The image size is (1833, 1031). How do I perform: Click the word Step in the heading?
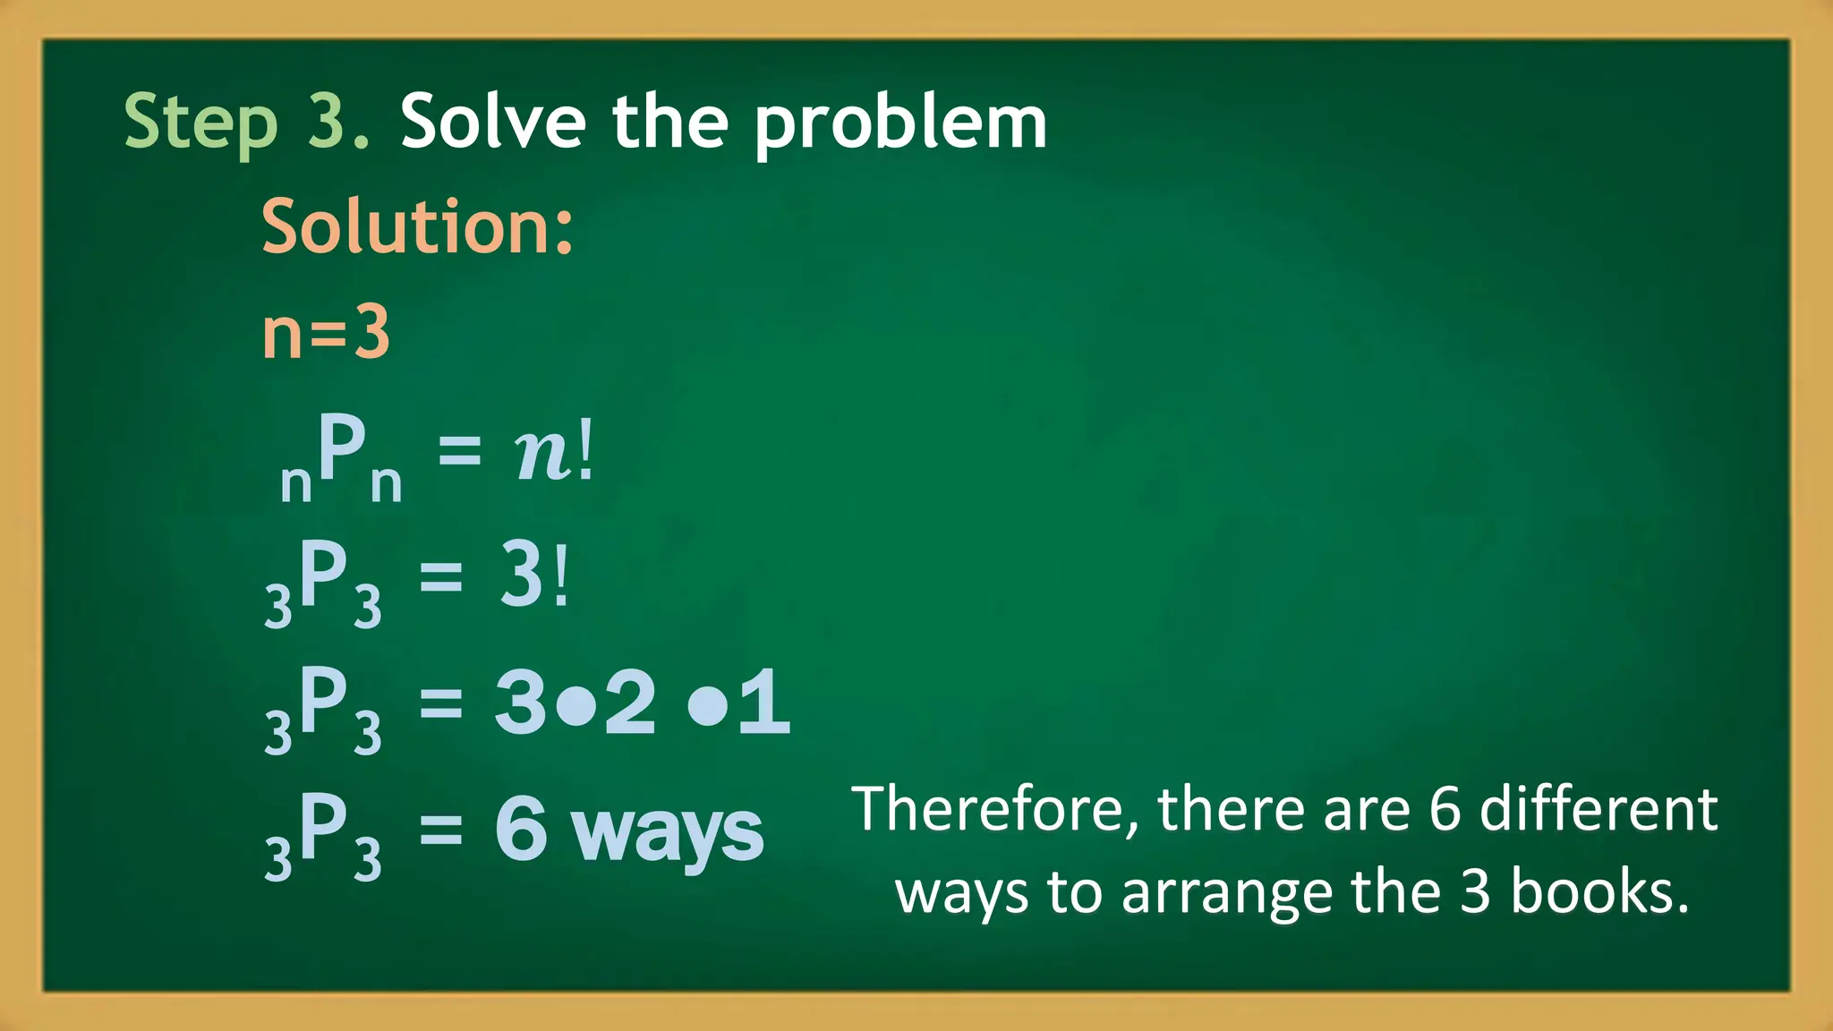200,123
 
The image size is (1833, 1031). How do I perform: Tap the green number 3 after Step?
328,121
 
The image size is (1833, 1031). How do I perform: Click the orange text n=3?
326,332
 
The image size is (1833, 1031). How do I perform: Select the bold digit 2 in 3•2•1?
630,703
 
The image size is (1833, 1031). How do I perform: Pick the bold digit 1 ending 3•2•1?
764,703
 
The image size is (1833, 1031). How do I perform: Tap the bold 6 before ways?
521,829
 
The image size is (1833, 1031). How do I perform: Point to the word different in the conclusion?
1599,809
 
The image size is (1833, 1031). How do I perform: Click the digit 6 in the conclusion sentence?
1444,809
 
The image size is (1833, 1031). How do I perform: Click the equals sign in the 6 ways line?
441,829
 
